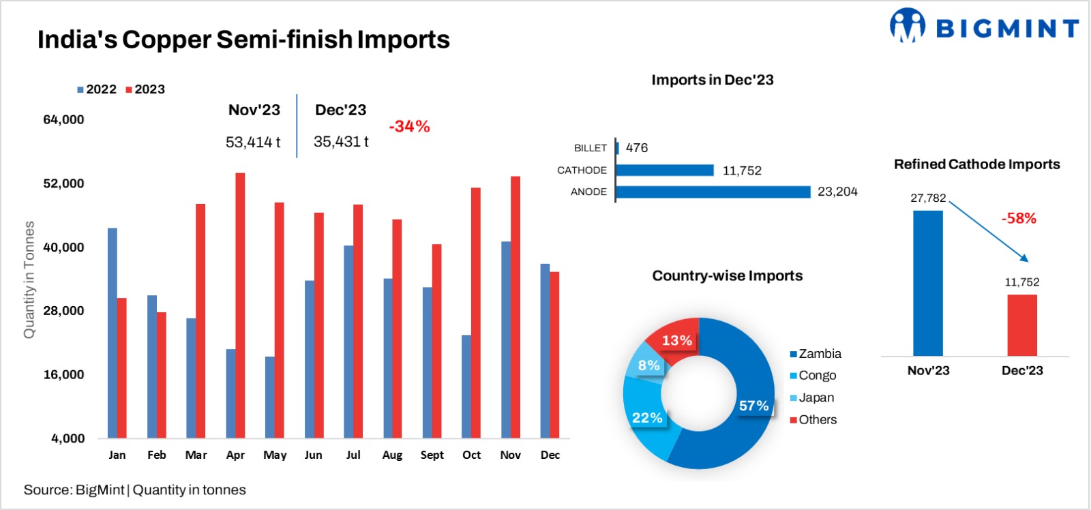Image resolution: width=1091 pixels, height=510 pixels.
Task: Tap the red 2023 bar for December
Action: tap(554, 355)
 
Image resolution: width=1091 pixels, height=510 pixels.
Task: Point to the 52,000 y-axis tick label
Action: tap(63, 183)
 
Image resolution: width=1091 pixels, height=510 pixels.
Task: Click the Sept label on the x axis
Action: tap(432, 455)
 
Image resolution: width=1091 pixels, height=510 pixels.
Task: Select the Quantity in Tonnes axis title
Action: tap(29, 280)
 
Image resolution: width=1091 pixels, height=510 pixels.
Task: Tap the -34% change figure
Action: tap(409, 126)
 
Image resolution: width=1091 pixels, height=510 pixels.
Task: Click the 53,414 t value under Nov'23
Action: tap(253, 142)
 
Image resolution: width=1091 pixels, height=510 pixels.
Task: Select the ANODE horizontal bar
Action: tap(713, 192)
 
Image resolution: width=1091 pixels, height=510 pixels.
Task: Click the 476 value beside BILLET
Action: tap(637, 147)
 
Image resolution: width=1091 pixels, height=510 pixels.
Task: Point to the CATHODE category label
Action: tap(582, 170)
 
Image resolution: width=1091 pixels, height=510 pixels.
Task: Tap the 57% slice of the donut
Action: tap(743, 409)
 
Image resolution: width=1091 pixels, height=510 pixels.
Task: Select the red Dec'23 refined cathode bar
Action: tap(1022, 325)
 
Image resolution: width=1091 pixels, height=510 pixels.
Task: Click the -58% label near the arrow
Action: tap(1019, 218)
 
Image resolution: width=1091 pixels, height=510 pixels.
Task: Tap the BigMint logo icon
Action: tap(907, 25)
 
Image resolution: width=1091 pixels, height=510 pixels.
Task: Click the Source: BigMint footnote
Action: tap(135, 490)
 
